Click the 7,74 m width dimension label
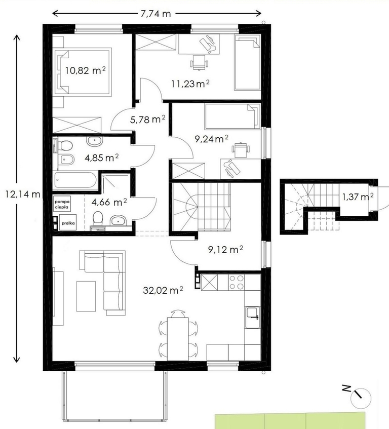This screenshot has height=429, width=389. tap(155, 14)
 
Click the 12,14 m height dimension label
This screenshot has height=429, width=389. tap(22, 194)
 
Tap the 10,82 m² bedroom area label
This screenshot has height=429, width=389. tap(86, 70)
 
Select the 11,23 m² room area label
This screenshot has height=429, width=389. tap(190, 84)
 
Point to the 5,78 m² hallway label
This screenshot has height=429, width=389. tap(147, 120)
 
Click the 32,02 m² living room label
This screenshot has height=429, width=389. tap(163, 290)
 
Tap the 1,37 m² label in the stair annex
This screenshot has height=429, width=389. tap(358, 197)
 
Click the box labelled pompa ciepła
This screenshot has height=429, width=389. tap(62, 204)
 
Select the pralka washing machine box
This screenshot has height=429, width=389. tap(68, 223)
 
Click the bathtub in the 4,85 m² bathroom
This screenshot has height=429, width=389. tap(75, 180)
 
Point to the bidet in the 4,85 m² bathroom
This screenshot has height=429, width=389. tap(66, 160)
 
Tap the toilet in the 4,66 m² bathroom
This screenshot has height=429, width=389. tap(98, 219)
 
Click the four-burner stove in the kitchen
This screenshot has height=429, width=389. tap(237, 282)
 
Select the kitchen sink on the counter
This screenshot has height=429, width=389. tap(252, 317)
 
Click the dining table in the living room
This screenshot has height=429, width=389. tap(178, 339)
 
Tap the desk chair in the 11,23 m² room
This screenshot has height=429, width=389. tap(199, 63)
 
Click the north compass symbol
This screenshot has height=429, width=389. tap(360, 397)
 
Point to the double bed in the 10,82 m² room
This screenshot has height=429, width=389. tap(83, 72)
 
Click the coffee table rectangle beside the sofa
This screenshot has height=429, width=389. tap(86, 296)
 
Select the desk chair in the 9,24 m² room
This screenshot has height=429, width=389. tap(241, 150)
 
